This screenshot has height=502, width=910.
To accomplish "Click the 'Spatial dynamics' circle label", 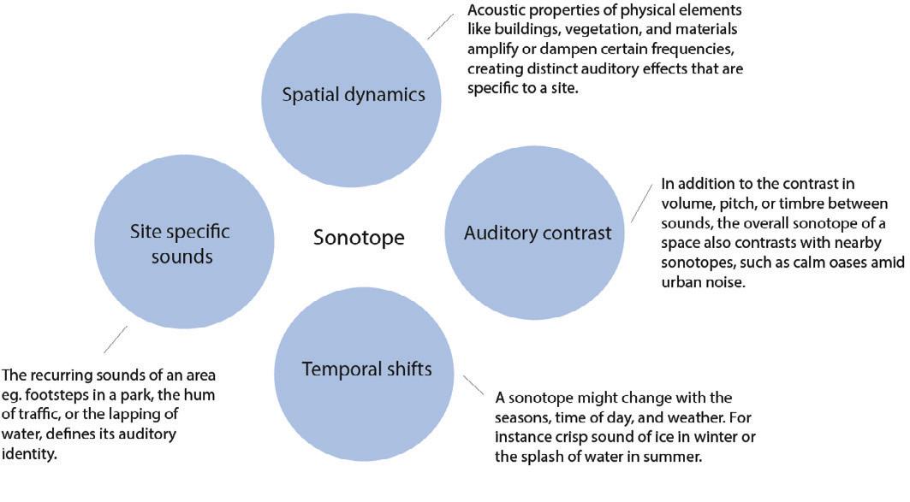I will [354, 95].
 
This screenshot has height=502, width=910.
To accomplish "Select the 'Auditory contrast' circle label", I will [538, 233].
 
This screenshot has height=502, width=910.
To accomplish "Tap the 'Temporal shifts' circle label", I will [366, 369].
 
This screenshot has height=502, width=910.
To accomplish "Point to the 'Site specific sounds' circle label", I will [180, 244].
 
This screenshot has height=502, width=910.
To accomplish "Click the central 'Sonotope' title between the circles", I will [359, 237].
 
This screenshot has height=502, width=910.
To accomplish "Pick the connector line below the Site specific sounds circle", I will [116, 339].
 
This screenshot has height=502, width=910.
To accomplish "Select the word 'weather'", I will [681, 417].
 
